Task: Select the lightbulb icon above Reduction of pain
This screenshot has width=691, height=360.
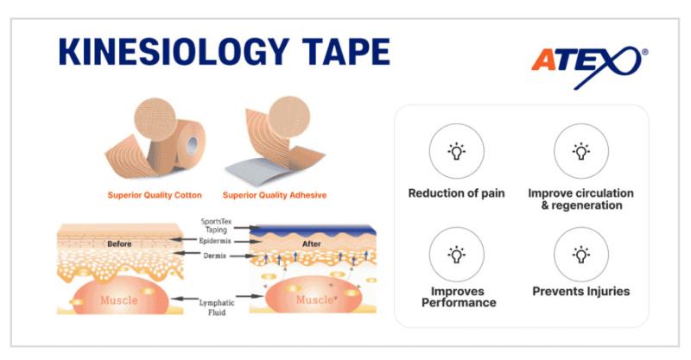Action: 456,151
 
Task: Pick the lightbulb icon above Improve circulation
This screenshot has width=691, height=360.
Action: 580,151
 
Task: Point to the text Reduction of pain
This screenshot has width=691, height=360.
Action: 456,193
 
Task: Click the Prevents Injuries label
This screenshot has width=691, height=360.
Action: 580,291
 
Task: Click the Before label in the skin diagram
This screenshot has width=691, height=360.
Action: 119,243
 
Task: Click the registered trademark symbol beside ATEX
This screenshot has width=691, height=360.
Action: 643,53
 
